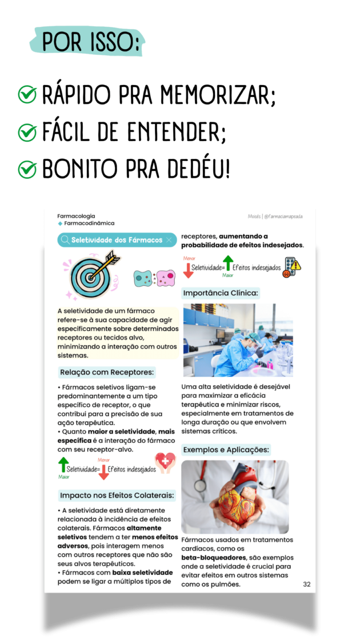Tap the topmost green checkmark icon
tap(27, 94)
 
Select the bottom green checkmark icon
tap(27, 170)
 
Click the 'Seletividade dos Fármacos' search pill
tap(117, 240)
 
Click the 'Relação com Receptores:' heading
tap(107, 373)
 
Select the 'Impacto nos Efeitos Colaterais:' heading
tap(117, 495)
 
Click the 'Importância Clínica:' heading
tap(221, 293)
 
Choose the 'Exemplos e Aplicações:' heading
tap(226, 450)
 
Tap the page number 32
tap(307, 585)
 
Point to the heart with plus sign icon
tap(166, 462)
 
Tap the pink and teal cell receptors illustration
tap(154, 278)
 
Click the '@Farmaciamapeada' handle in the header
tap(283, 217)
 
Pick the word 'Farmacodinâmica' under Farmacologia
tap(89, 223)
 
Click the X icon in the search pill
tap(169, 240)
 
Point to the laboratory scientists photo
tap(238, 339)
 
